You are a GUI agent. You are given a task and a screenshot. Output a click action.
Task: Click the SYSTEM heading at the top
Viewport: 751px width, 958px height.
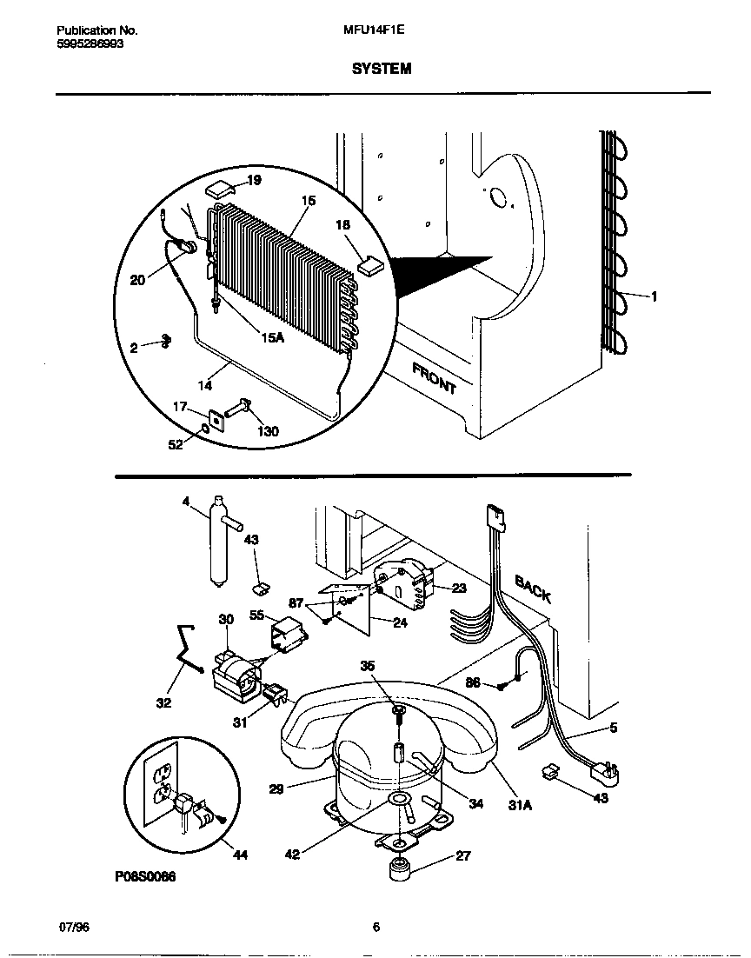pyautogui.click(x=382, y=69)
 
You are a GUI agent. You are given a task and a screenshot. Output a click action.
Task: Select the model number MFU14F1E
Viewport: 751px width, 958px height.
pyautogui.click(x=374, y=30)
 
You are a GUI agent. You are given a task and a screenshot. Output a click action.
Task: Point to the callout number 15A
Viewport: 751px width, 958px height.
pyautogui.click(x=272, y=337)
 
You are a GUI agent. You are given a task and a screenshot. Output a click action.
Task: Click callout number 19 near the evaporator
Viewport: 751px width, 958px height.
pyautogui.click(x=254, y=181)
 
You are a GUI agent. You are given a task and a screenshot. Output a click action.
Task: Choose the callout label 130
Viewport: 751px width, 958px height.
pyautogui.click(x=269, y=431)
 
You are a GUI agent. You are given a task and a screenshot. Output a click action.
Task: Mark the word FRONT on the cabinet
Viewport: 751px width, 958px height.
pyautogui.click(x=434, y=379)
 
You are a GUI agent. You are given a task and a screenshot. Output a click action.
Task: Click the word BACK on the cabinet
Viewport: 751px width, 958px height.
pyautogui.click(x=532, y=589)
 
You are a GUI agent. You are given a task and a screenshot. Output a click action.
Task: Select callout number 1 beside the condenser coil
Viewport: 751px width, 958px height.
pyautogui.click(x=654, y=296)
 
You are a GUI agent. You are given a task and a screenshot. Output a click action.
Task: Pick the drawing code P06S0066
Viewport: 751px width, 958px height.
pyautogui.click(x=145, y=877)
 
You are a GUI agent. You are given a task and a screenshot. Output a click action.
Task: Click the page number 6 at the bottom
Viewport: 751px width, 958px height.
pyautogui.click(x=375, y=927)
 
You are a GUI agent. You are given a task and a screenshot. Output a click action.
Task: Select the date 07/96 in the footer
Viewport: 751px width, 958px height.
pyautogui.click(x=73, y=927)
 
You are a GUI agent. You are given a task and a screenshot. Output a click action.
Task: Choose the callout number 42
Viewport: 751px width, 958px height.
pyautogui.click(x=292, y=855)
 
